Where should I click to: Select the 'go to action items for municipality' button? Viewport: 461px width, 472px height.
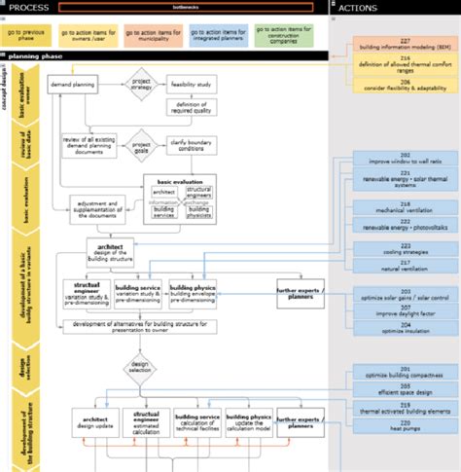tap(159, 36)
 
